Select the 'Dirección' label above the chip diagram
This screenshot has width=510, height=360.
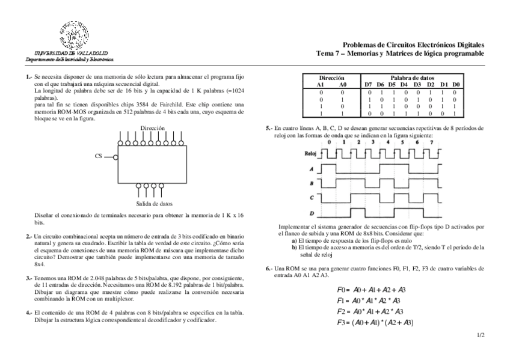[152, 129]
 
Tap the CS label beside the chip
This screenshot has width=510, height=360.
[99, 156]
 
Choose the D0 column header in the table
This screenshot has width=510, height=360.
[456, 85]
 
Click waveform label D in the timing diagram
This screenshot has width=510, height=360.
[312, 213]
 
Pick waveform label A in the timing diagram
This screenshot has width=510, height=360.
[312, 169]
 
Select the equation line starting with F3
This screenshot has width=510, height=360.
[375, 323]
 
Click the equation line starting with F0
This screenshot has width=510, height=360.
[372, 290]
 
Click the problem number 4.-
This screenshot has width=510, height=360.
[29, 313]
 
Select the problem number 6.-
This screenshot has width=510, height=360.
[269, 269]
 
